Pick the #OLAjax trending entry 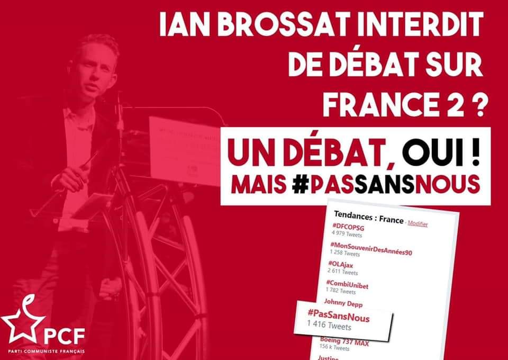343,264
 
